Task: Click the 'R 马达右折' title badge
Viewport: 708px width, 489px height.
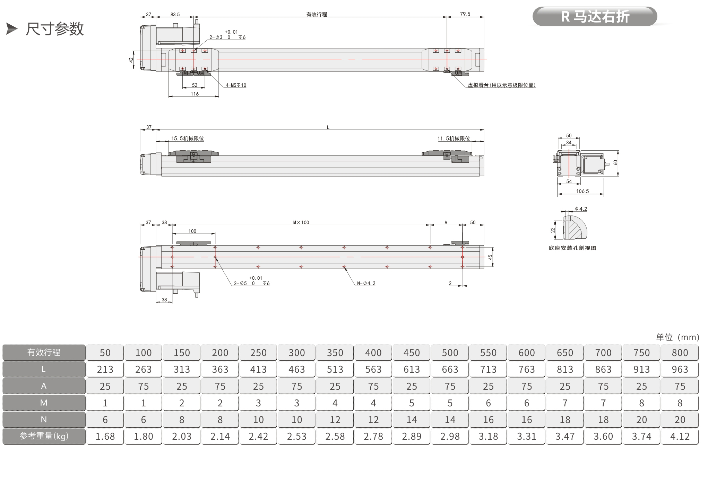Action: click(x=595, y=16)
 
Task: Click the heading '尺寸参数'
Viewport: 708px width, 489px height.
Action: click(x=55, y=28)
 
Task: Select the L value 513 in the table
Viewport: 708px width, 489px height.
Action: click(x=335, y=369)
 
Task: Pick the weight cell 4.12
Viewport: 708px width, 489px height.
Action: click(x=680, y=436)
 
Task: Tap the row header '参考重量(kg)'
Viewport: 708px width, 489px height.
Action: click(x=44, y=436)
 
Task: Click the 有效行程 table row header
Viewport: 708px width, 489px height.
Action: click(x=44, y=353)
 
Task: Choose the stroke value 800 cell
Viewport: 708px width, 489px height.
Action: click(x=680, y=353)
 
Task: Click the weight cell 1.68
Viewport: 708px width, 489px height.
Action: click(x=105, y=436)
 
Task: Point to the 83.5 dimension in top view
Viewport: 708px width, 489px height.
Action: click(x=175, y=15)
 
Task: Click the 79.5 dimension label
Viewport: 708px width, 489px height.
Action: click(x=465, y=14)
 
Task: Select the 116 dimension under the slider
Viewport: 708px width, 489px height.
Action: click(x=195, y=94)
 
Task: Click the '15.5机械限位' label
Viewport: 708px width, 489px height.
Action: click(x=188, y=138)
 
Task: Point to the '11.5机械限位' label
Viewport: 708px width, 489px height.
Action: click(x=454, y=138)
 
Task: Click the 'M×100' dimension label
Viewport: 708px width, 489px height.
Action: click(x=301, y=222)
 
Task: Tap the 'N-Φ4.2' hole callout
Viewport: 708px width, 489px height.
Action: click(x=366, y=284)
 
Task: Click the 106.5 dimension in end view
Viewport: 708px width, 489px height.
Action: click(x=582, y=191)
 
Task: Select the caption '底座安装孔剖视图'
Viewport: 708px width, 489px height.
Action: click(x=572, y=248)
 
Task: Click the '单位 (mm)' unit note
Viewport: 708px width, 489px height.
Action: click(x=677, y=337)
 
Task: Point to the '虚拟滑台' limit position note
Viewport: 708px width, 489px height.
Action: click(x=502, y=85)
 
